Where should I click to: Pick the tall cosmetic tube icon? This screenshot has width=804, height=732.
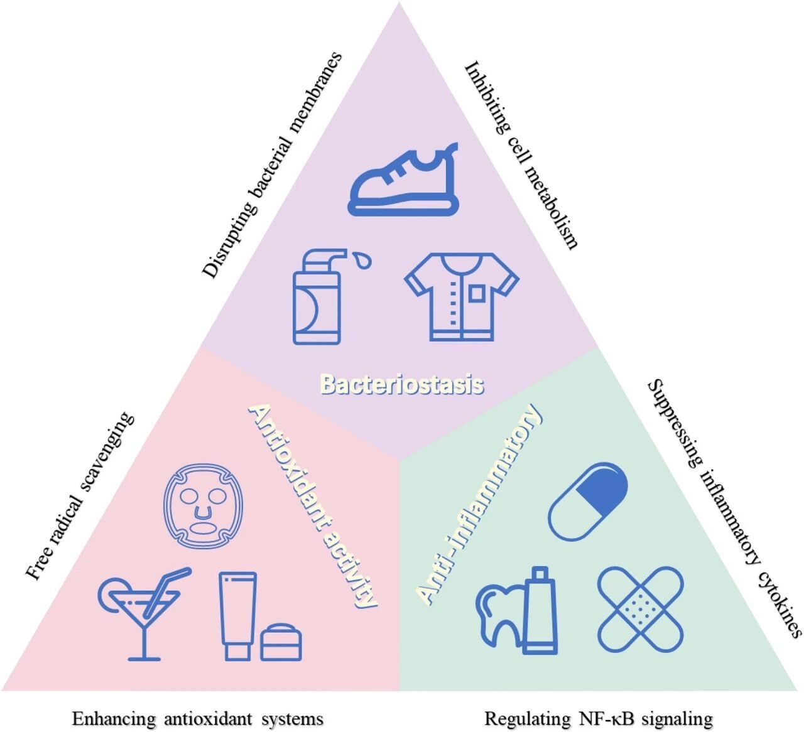238,615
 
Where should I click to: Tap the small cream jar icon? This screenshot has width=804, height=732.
281,642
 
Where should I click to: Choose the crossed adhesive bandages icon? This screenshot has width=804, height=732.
639,609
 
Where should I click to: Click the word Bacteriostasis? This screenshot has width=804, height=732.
402,384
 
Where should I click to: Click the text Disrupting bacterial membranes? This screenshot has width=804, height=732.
273,164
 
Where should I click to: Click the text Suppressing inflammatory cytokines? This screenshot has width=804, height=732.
724,507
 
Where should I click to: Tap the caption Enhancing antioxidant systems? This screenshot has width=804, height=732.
197,718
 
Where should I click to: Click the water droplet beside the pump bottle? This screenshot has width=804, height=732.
362,259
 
